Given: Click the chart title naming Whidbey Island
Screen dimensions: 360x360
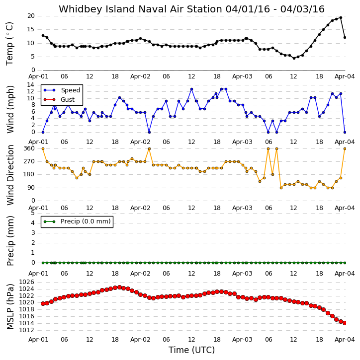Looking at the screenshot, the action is coord(191,9).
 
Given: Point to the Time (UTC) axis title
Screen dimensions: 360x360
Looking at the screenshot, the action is coord(191,350).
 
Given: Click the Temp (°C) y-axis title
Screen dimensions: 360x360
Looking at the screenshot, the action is coord(9,44).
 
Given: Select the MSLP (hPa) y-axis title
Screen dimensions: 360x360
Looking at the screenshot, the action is coord(10,306).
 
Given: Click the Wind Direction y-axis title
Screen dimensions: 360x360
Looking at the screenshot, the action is coord(10,175).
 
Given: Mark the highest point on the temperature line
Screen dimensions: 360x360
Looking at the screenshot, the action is coord(341,17).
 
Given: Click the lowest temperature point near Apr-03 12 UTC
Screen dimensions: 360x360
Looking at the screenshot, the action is coord(294,58).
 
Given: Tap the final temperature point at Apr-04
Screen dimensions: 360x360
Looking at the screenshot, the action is coord(345,37).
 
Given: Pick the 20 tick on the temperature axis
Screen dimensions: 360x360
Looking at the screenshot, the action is coord(31,16).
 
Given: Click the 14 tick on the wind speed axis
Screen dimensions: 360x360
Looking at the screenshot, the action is coord(31,85).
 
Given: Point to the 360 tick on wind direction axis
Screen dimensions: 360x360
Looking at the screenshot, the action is coord(29,148).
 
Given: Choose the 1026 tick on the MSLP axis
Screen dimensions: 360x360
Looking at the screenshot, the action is coord(27,282).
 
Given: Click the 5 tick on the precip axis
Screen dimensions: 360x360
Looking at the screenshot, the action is coord(33,213).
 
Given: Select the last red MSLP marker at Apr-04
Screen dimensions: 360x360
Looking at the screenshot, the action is coord(345,323).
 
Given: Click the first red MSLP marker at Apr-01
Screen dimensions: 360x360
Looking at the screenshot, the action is coord(43,303).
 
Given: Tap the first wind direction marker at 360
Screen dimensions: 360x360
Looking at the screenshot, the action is coord(43,149).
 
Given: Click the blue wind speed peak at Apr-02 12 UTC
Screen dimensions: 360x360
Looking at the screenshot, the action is coord(191,89).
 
